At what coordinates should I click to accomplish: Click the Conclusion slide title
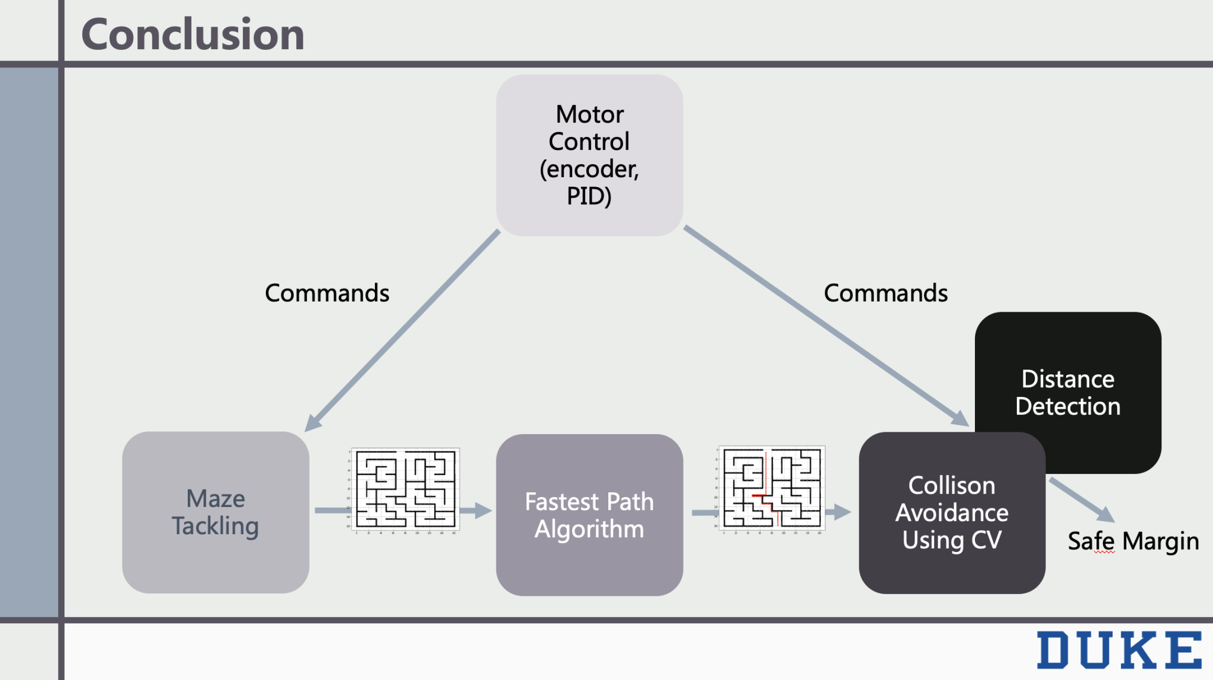point(192,34)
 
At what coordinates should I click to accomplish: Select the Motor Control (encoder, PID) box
point(589,155)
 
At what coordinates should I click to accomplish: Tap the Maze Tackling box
point(216,512)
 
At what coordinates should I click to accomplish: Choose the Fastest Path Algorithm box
point(589,515)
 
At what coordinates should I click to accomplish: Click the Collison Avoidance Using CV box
point(952,513)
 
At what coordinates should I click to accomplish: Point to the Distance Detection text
point(1068,392)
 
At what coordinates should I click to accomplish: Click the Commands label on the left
point(327,293)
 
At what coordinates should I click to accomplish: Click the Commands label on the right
point(885,293)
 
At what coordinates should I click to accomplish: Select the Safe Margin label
point(1133,541)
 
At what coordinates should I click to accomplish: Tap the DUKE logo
point(1119,650)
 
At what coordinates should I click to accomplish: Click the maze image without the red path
point(405,489)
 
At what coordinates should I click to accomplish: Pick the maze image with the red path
point(772,489)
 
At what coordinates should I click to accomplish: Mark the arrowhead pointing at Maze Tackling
point(312,424)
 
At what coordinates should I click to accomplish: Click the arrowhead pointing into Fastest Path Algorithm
point(484,510)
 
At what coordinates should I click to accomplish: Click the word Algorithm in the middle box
point(589,529)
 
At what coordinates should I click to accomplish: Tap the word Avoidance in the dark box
point(952,513)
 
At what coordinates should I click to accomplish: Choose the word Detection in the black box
point(1068,407)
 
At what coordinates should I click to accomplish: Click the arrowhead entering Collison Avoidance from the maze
point(843,511)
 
